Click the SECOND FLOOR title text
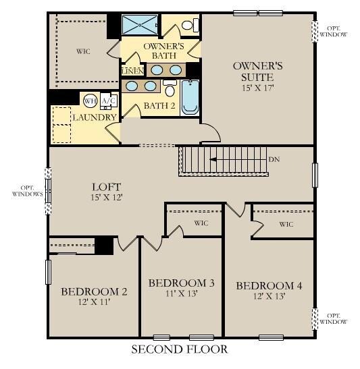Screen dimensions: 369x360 (x=179, y=349)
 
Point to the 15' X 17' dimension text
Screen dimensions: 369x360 (x=257, y=88)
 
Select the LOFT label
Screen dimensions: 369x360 (x=106, y=187)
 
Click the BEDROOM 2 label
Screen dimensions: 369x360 (x=94, y=291)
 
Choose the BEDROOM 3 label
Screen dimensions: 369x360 (x=181, y=283)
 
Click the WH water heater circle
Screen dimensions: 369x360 (x=90, y=101)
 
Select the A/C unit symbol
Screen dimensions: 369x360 (x=108, y=101)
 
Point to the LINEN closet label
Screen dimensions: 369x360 (x=131, y=71)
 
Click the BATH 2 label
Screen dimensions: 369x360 (x=159, y=106)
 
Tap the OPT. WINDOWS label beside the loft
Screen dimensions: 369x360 (x=27, y=190)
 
